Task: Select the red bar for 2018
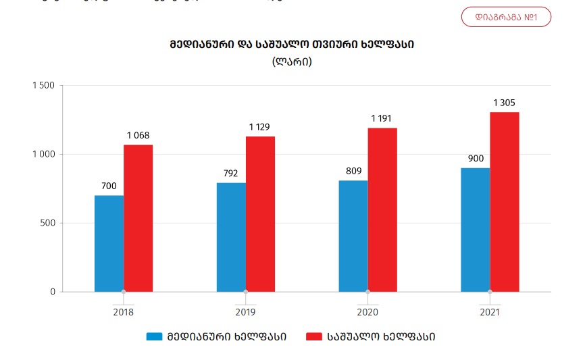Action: [x=138, y=218]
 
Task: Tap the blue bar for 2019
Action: [x=231, y=237]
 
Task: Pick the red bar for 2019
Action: [x=260, y=214]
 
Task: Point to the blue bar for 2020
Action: [x=353, y=236]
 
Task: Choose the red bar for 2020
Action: [x=382, y=209]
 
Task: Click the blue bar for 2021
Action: [x=476, y=230]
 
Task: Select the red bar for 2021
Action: [x=505, y=202]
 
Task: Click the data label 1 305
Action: [x=504, y=103]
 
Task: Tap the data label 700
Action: [x=109, y=186]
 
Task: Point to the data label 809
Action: [x=353, y=172]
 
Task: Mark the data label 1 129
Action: [x=260, y=127]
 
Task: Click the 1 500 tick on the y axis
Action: [x=43, y=86]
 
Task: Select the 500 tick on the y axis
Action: [x=47, y=223]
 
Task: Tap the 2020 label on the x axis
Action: [x=367, y=313]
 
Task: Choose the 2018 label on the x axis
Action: [x=123, y=313]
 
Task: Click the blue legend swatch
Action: [x=155, y=336]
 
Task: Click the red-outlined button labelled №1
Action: [x=506, y=17]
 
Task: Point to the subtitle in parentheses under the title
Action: [x=292, y=61]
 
